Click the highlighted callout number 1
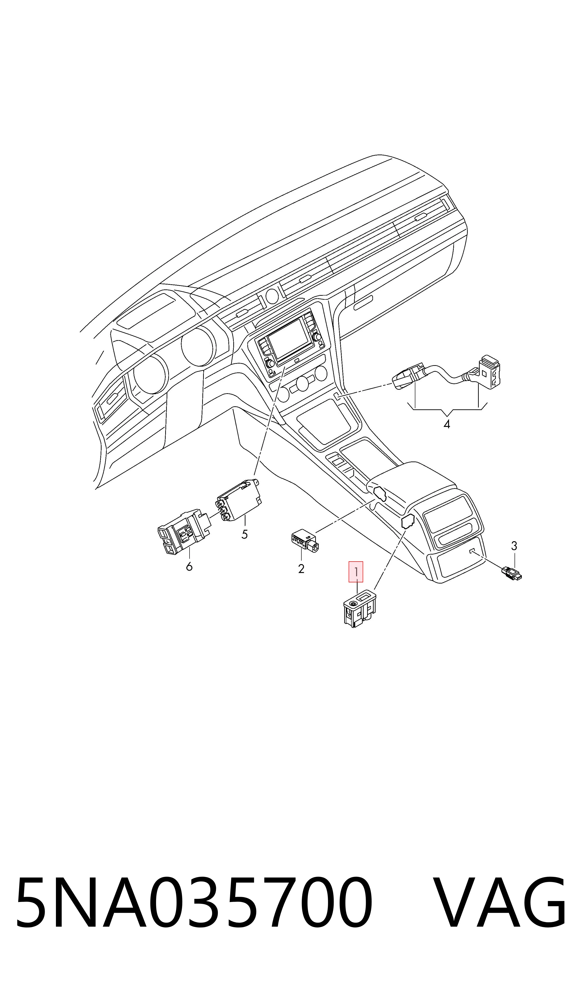356,572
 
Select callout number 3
514,545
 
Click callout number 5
245,534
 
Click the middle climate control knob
302,383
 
